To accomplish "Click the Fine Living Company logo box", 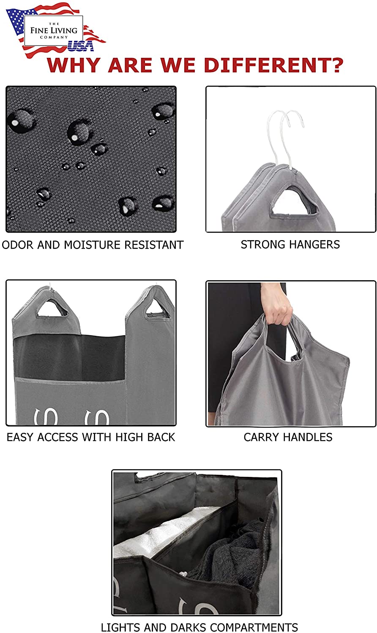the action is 54,30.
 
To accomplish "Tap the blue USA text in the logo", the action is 81,46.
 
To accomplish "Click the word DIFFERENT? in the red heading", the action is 273,65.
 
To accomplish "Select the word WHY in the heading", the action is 74,65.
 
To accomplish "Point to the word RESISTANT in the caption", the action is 154,245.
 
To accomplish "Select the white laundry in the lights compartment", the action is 158,533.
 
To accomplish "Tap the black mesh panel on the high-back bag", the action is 69,357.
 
